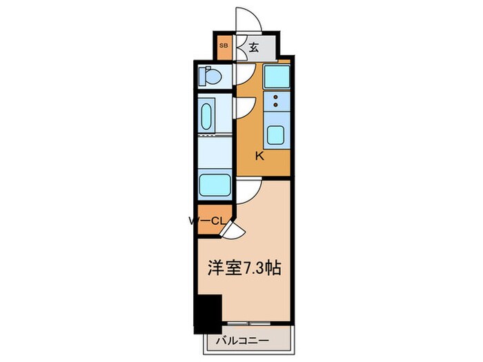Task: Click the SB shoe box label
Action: tap(223, 47)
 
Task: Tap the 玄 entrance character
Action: tap(253, 48)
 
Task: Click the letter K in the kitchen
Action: tap(259, 156)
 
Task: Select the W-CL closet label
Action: tap(206, 221)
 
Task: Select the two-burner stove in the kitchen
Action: tap(276, 102)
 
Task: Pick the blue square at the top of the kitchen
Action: tap(276, 75)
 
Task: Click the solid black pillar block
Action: tap(208, 311)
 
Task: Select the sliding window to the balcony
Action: tap(249, 323)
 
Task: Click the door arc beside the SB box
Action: tap(237, 48)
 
